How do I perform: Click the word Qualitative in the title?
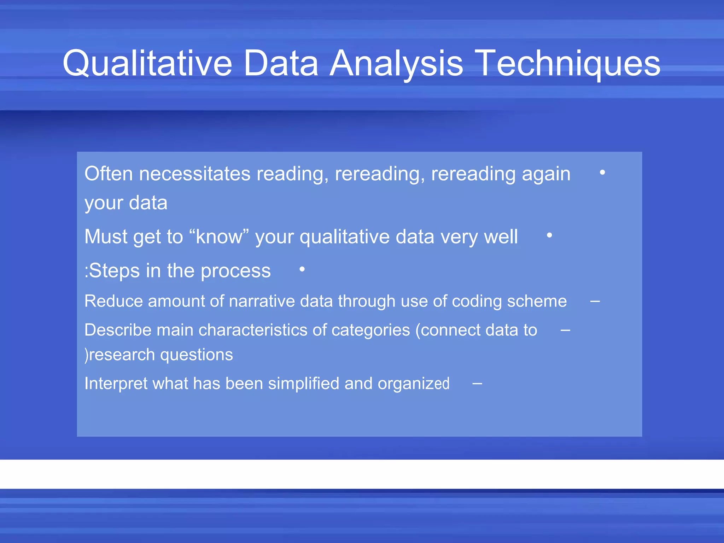147,64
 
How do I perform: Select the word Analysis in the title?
396,64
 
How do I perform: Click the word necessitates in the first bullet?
195,174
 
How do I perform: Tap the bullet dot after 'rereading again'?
602,173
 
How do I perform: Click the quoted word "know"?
219,237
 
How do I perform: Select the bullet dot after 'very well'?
549,235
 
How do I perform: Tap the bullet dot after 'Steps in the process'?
302,269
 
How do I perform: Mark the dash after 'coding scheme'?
595,302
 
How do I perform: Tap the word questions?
197,355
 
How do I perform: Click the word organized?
413,384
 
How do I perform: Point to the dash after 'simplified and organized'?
477,384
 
